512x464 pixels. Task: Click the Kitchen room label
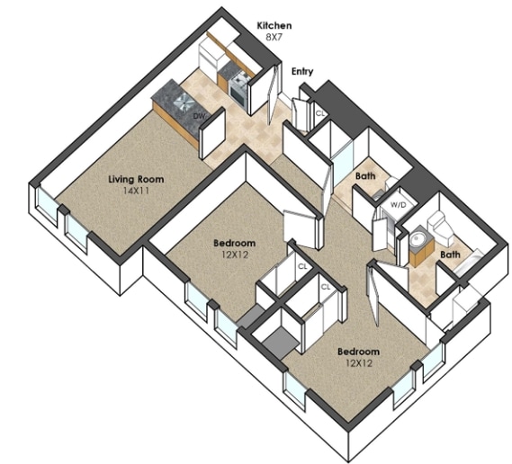click(274, 25)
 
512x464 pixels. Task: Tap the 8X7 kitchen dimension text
click(274, 37)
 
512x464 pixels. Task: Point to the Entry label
click(302, 71)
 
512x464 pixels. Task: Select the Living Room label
click(136, 179)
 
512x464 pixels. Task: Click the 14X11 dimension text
click(136, 191)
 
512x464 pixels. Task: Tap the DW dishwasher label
click(198, 116)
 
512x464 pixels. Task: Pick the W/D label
click(398, 205)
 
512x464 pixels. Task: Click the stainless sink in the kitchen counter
click(184, 101)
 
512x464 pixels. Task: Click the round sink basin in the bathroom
click(417, 240)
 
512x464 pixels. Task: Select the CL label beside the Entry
click(320, 113)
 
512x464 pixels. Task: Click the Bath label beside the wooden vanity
click(450, 254)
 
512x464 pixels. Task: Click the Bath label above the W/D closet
click(365, 176)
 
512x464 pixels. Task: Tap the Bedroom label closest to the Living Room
click(234, 243)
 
